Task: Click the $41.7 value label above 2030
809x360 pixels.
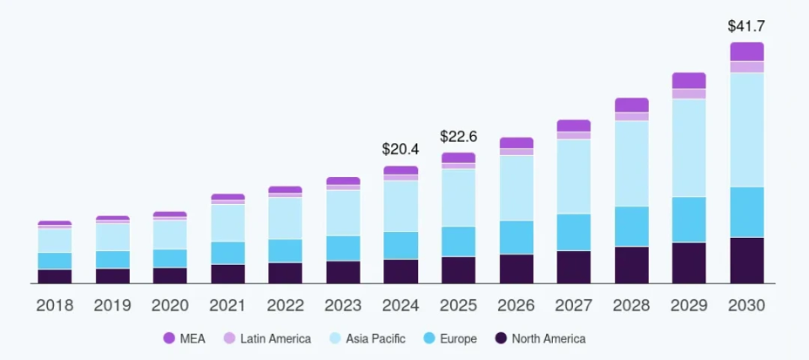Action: point(746,26)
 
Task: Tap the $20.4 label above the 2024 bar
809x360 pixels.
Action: point(400,149)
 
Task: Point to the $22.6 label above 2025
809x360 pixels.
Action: point(458,137)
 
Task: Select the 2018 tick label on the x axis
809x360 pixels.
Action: point(55,306)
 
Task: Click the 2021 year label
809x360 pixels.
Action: point(228,306)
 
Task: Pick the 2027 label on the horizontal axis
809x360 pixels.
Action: point(573,306)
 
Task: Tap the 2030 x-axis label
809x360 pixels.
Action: point(746,306)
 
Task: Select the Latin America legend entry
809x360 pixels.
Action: point(267,339)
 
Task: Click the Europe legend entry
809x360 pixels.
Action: point(448,339)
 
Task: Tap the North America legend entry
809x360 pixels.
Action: point(539,339)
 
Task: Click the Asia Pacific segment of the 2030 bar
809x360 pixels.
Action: point(747,130)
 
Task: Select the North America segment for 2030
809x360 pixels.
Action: point(747,260)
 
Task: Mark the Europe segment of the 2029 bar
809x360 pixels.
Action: point(688,219)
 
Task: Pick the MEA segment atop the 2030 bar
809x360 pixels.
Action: point(747,51)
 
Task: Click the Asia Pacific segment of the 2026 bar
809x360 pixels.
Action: point(516,188)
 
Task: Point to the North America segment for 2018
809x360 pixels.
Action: point(55,276)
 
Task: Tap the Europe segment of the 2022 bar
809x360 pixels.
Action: point(285,250)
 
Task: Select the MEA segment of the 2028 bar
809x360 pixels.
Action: point(631,105)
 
